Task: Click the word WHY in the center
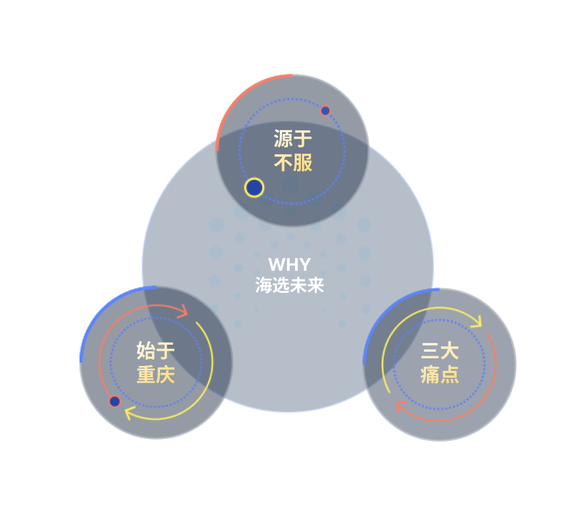point(289,265)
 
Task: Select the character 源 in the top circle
point(283,139)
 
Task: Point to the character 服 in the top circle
point(303,163)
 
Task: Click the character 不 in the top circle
point(283,163)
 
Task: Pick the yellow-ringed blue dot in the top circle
point(254,188)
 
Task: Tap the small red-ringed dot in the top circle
point(325,111)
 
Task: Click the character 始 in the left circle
point(145,351)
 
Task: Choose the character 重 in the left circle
point(145,375)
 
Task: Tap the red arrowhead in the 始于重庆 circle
point(183,312)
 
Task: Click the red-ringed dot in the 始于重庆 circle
point(114,401)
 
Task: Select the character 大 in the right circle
point(450,351)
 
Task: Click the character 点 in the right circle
point(450,375)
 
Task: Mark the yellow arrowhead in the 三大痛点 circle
point(477,322)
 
